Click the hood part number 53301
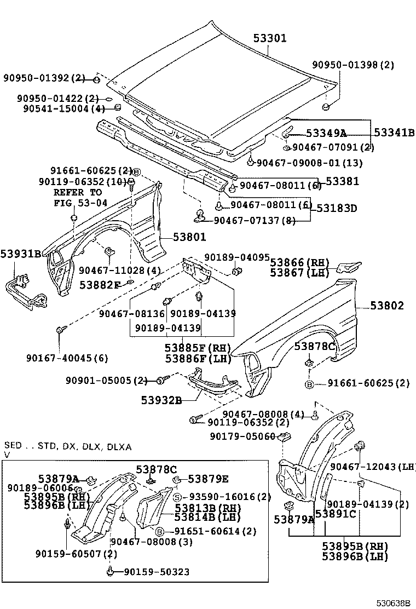(270, 38)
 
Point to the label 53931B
(21, 254)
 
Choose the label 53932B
(160, 400)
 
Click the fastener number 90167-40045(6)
(67, 358)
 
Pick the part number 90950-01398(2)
(353, 65)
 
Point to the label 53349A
(326, 133)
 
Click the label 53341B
(395, 133)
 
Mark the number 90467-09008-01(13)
(309, 163)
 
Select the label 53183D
(337, 208)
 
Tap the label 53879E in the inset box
(208, 479)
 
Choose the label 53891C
(336, 514)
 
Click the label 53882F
(100, 285)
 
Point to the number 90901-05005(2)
(107, 380)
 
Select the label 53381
(343, 181)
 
